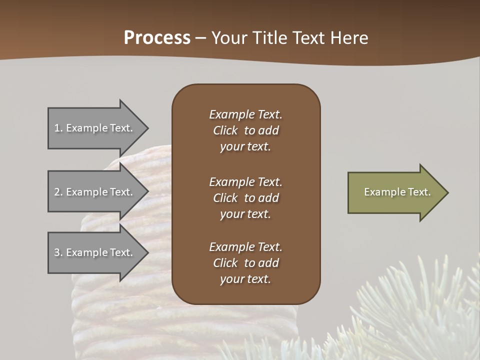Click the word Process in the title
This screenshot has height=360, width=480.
157,38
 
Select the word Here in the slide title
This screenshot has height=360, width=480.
349,38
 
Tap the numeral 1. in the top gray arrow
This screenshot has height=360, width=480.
58,128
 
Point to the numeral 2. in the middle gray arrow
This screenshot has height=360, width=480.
58,192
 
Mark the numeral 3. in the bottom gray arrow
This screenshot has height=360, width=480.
58,252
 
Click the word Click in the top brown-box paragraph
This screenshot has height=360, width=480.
225,130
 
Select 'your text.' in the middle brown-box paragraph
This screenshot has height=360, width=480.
245,214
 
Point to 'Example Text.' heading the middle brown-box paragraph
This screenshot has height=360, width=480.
245,182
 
